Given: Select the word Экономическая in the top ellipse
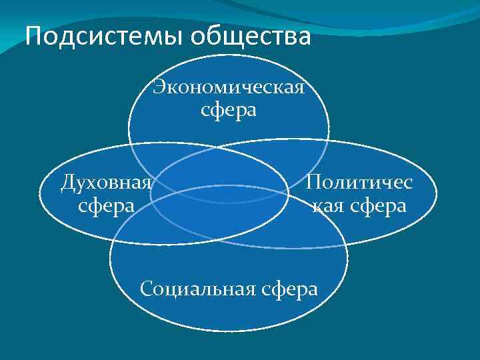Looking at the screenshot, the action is (229, 87).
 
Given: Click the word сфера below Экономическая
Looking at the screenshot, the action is (229, 109).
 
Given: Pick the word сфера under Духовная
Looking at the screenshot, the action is (105, 204).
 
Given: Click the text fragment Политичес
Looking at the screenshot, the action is (359, 182).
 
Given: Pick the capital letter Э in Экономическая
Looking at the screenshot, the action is (159, 87).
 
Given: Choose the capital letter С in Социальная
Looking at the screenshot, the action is (147, 289).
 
